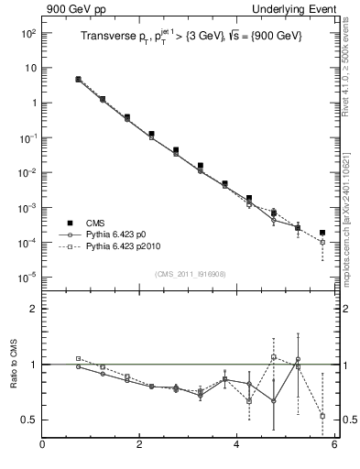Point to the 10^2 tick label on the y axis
point(27,33)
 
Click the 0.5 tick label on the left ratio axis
point(27,420)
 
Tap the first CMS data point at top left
point(79,80)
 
